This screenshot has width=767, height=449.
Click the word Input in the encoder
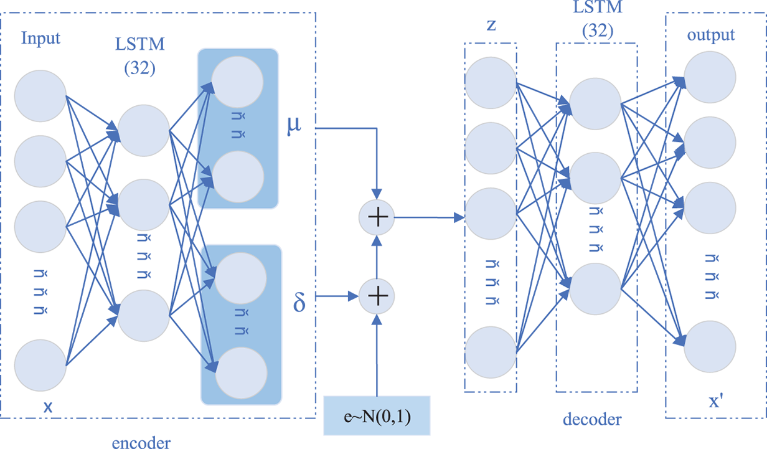tap(41, 38)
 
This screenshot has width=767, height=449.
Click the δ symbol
tap(299, 306)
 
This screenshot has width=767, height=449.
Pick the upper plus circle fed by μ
tap(377, 218)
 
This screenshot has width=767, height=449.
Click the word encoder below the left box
tap(141, 442)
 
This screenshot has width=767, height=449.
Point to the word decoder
tap(591, 419)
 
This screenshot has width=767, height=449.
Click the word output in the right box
tap(710, 35)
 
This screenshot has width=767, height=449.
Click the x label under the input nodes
tap(47, 407)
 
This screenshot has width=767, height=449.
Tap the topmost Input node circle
tap(41, 97)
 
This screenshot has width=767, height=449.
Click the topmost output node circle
tap(710, 77)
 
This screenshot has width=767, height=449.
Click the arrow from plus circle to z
tap(430, 218)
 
